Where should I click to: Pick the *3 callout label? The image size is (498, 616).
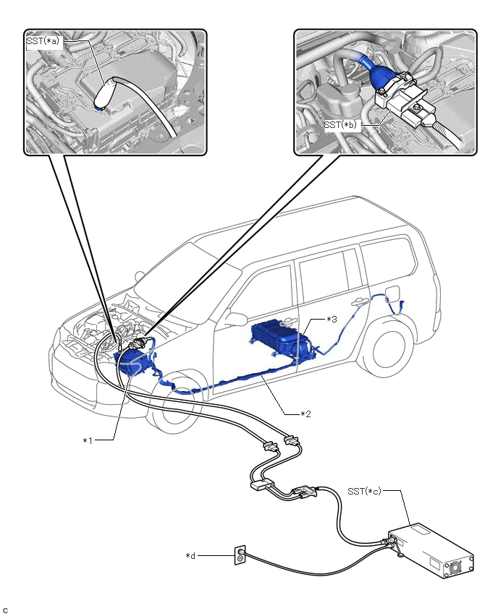point(332,319)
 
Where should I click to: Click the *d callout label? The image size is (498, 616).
point(191,555)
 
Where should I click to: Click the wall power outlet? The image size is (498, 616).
point(240,555)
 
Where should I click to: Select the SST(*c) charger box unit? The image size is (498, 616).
point(430,553)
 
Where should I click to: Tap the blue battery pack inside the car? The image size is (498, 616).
point(282,340)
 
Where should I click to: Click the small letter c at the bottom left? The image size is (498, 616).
point(5,610)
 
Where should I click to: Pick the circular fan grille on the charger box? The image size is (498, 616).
point(457,569)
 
